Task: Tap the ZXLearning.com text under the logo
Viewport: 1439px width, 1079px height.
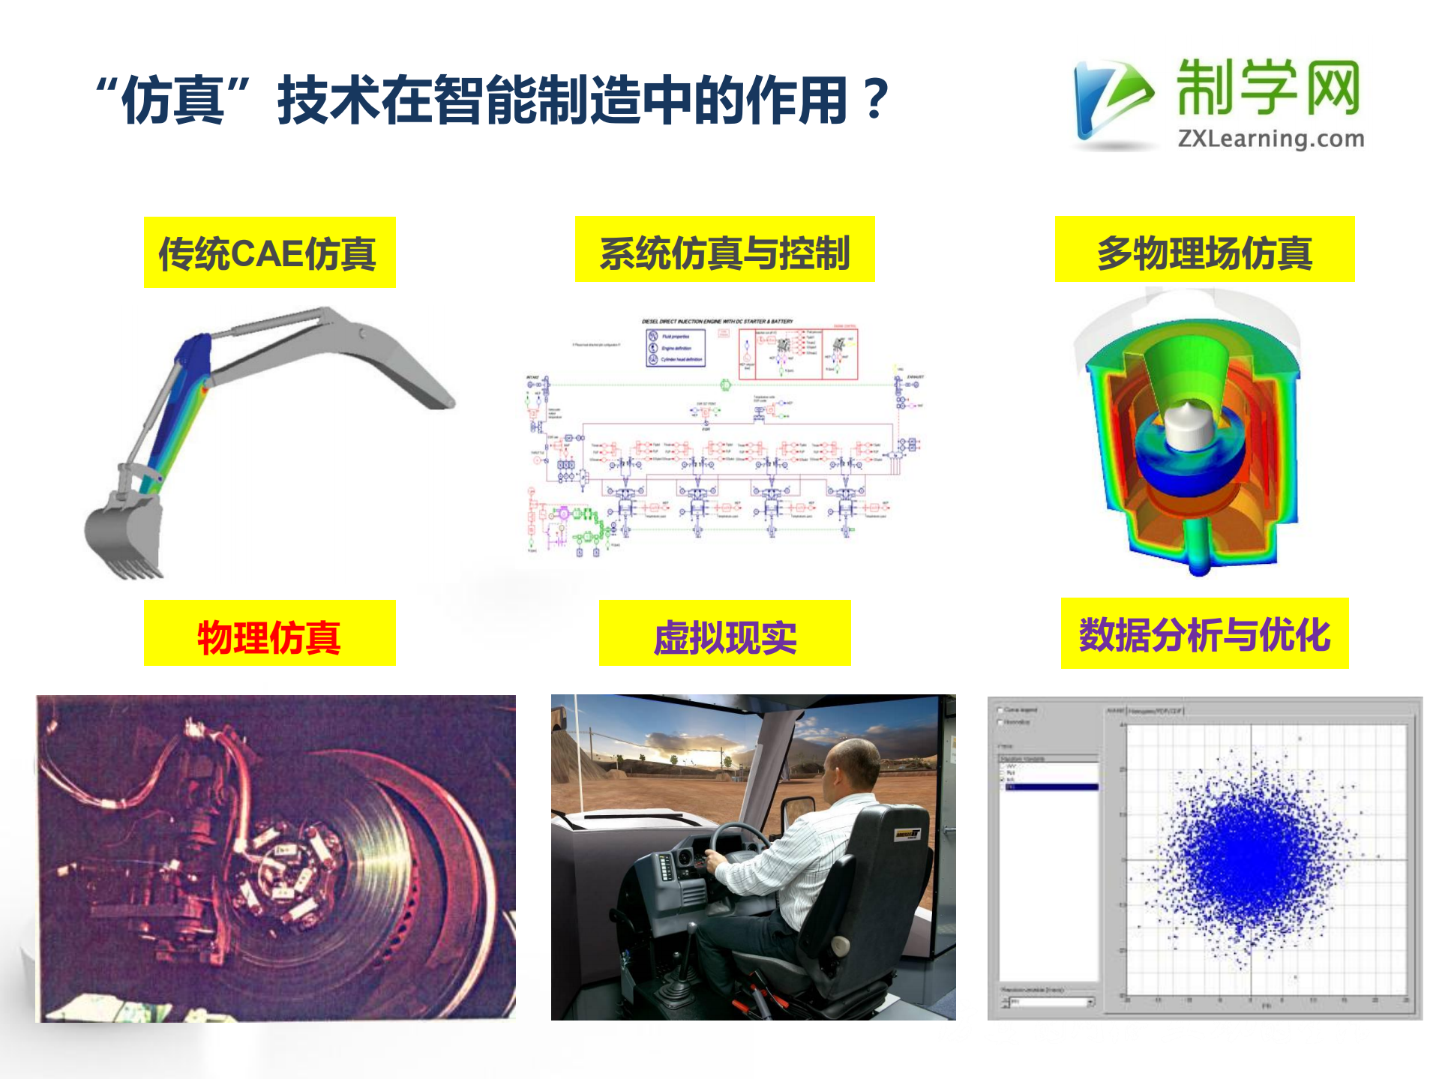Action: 1270,139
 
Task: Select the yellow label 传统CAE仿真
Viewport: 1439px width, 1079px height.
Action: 269,253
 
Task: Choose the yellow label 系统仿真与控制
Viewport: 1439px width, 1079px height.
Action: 724,250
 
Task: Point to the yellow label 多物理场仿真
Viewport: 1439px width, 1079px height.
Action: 1204,250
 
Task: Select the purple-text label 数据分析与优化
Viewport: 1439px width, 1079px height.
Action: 1204,634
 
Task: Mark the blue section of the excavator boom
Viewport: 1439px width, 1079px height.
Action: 192,356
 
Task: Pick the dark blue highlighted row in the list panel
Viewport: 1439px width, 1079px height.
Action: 1050,787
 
